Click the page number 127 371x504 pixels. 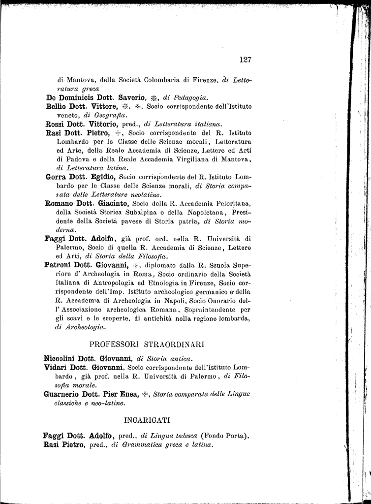point(246,60)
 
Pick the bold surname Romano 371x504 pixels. point(59,203)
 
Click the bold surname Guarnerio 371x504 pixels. point(63,394)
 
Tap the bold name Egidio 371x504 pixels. point(101,177)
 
